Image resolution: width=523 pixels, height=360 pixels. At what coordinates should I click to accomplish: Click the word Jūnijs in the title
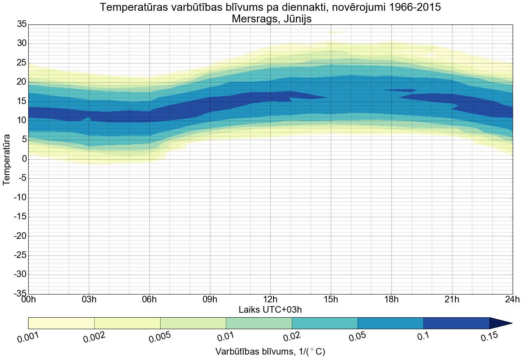click(x=295, y=19)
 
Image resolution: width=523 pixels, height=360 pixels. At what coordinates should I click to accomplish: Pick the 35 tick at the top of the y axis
click(x=22, y=24)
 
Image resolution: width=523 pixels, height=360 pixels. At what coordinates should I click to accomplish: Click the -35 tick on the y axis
click(x=20, y=294)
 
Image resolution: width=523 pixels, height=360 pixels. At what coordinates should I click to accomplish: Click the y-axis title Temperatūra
click(x=7, y=159)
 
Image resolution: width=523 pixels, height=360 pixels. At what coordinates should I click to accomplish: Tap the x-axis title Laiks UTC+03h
click(x=270, y=310)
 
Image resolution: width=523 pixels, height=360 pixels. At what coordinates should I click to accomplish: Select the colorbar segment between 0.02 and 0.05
click(x=325, y=323)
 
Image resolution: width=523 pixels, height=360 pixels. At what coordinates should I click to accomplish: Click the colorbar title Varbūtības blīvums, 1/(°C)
click(x=270, y=352)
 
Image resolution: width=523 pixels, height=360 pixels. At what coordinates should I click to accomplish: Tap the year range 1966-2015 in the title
click(x=407, y=7)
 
